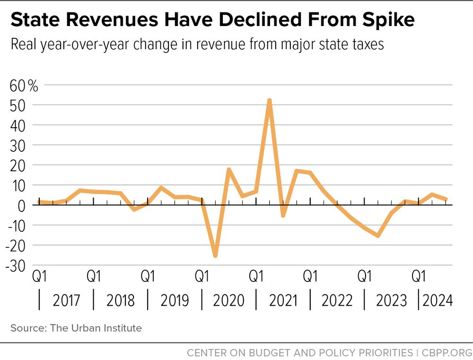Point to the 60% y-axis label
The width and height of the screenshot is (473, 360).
[x=24, y=86]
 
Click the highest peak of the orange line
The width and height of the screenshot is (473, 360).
[x=269, y=100]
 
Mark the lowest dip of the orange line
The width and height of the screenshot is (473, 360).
[x=215, y=256]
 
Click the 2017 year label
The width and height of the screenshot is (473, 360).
[x=66, y=300]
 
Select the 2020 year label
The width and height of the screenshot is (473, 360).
[x=228, y=300]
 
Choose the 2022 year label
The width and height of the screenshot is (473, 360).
[x=337, y=300]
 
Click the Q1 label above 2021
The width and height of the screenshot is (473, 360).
[x=256, y=276]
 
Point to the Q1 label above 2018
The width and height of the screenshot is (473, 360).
[x=94, y=276]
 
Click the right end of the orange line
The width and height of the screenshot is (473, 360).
[x=446, y=199]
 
